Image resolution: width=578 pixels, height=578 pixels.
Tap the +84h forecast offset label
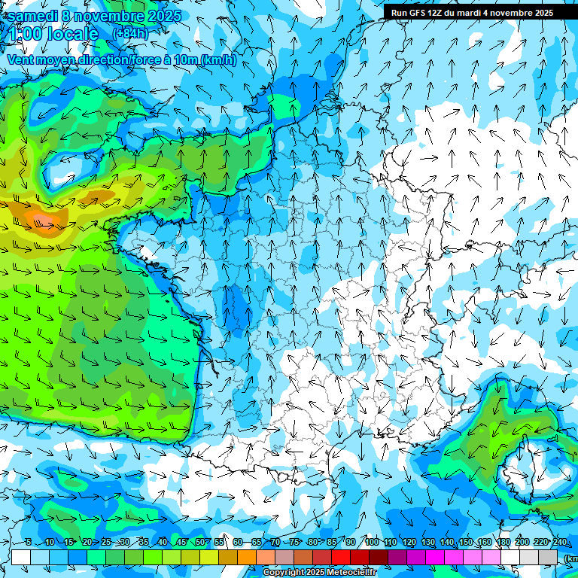[130, 33]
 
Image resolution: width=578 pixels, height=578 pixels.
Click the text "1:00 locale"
[53, 34]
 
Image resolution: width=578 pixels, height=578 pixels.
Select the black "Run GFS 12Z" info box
[472, 12]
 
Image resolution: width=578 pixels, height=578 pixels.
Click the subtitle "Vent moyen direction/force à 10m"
[120, 60]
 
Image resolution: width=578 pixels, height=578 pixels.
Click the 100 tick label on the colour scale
[371, 543]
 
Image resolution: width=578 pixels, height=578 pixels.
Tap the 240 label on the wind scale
[559, 543]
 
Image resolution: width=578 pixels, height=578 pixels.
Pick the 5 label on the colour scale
[29, 543]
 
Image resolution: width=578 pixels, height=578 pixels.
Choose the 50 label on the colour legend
[199, 543]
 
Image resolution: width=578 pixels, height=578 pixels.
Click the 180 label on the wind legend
[503, 543]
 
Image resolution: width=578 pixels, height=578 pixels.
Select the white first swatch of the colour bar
[21, 557]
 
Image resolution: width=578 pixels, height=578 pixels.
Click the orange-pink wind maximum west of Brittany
[44, 220]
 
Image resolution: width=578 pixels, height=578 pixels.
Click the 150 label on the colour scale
[465, 543]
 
